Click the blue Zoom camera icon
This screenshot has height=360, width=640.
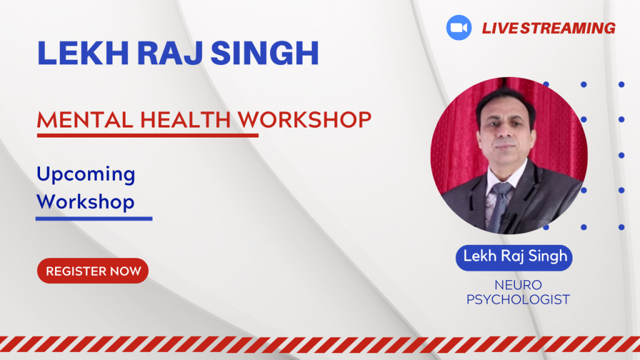(x=459, y=27)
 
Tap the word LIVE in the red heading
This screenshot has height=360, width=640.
(x=499, y=28)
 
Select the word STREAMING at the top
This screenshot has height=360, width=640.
(x=567, y=28)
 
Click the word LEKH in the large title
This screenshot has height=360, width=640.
(x=83, y=53)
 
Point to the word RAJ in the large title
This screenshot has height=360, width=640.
(x=169, y=53)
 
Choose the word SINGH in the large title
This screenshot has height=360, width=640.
(x=264, y=53)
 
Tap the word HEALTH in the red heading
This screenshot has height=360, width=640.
(x=185, y=120)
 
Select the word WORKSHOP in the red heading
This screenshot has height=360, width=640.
(x=304, y=120)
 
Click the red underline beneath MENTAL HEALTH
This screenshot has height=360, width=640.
(x=147, y=135)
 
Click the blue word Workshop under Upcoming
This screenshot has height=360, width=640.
(x=85, y=202)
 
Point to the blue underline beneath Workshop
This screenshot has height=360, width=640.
(x=94, y=219)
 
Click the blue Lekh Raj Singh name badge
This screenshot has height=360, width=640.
(x=514, y=257)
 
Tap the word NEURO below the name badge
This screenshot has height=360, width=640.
(x=518, y=284)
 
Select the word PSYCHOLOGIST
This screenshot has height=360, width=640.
(x=518, y=299)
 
